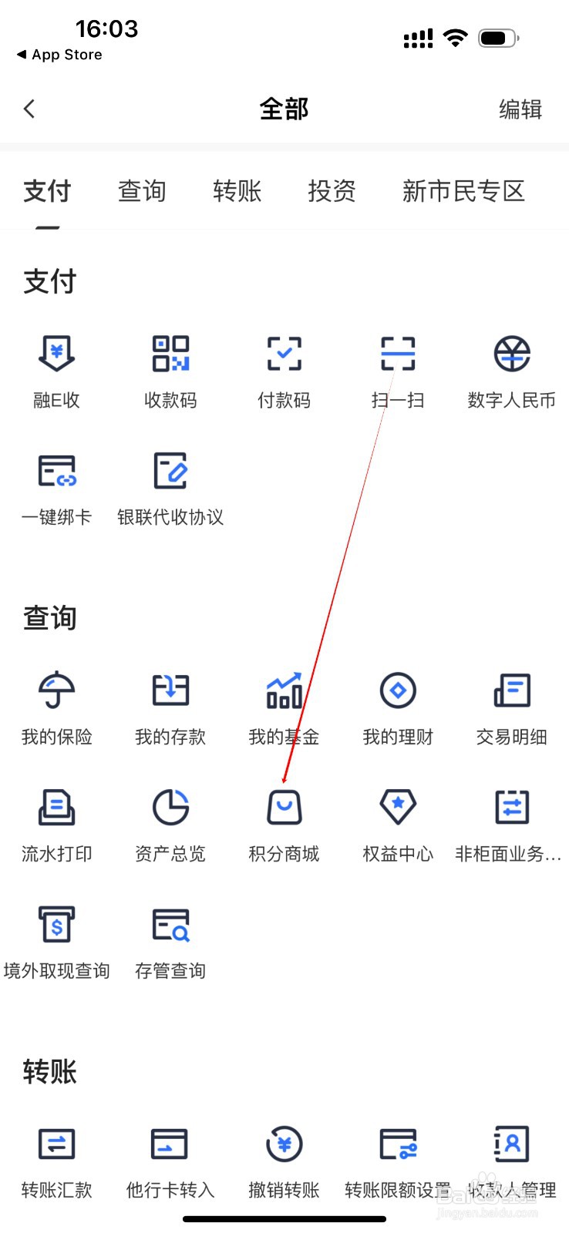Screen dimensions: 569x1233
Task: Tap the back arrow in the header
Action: [30, 109]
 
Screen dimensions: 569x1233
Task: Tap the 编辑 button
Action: [520, 109]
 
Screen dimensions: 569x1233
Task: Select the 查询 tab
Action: [142, 190]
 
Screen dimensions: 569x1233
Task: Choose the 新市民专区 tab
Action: [463, 190]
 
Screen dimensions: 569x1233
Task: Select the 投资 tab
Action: [332, 190]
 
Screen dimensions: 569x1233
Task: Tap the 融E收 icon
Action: [56, 354]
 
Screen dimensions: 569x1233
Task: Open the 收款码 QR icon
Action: [170, 354]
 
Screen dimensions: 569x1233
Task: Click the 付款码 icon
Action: [284, 354]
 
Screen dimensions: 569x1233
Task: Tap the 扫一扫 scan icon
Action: [398, 354]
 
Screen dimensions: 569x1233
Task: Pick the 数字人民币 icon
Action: [512, 354]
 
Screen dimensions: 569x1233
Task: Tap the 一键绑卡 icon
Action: [56, 471]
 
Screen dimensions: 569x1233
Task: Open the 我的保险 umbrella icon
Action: [56, 690]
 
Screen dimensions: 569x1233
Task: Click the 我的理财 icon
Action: [398, 690]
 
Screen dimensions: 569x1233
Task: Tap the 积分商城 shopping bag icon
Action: [284, 808]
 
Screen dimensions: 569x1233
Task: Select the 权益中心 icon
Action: [398, 808]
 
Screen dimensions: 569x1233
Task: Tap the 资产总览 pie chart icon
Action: [170, 808]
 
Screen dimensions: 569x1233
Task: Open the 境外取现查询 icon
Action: [56, 924]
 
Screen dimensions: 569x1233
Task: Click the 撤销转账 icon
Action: [284, 1144]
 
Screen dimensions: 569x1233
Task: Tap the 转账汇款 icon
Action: [56, 1144]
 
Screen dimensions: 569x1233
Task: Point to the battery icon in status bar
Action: [498, 38]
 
